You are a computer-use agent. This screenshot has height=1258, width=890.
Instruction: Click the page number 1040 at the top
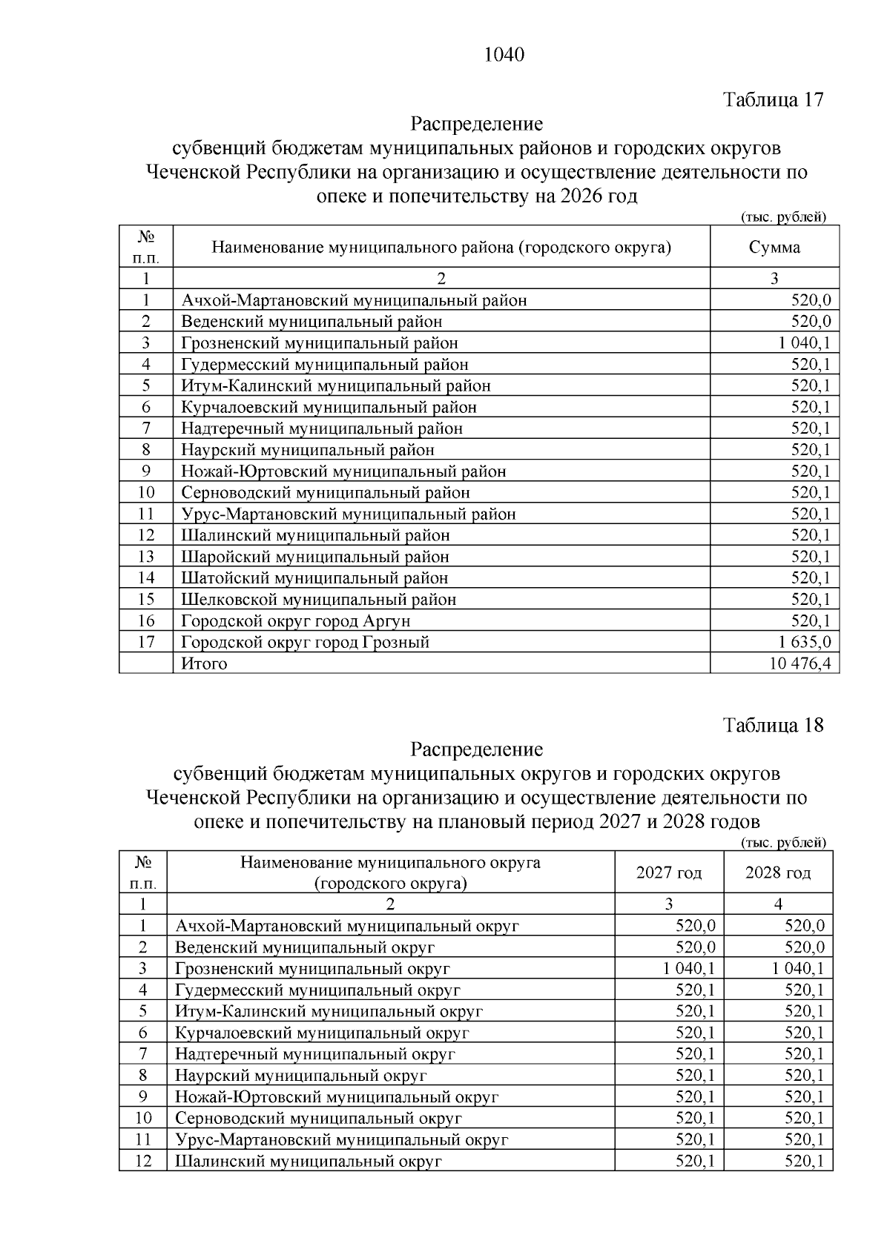click(x=504, y=55)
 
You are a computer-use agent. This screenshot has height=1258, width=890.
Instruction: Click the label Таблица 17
click(x=773, y=100)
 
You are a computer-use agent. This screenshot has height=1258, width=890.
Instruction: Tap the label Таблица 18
click(x=773, y=725)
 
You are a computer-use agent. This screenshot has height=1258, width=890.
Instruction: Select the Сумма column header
click(x=774, y=248)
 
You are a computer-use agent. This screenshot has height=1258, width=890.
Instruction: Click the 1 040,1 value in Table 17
click(x=805, y=343)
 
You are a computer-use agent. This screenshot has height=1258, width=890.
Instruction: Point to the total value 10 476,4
click(x=800, y=663)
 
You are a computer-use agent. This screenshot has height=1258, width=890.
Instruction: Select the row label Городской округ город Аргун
click(x=296, y=621)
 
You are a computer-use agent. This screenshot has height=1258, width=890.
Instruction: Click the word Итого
click(x=204, y=663)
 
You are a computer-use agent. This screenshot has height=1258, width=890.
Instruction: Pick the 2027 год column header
click(x=669, y=873)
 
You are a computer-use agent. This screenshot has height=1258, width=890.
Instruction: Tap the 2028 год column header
click(x=778, y=873)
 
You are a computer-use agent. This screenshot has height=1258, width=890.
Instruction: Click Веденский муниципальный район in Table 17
click(x=311, y=322)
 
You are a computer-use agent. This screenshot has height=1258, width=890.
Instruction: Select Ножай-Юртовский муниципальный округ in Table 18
click(x=337, y=1097)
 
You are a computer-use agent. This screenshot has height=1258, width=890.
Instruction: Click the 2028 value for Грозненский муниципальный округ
click(x=797, y=969)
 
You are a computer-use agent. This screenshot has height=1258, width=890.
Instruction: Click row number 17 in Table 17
click(x=146, y=642)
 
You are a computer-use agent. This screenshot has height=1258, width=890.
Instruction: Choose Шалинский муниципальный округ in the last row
click(x=309, y=1162)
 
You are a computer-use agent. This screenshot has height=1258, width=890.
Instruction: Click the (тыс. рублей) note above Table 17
click(x=783, y=217)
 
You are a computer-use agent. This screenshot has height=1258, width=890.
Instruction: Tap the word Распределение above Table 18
click(x=477, y=749)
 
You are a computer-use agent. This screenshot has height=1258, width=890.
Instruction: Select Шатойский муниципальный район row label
click(x=314, y=578)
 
